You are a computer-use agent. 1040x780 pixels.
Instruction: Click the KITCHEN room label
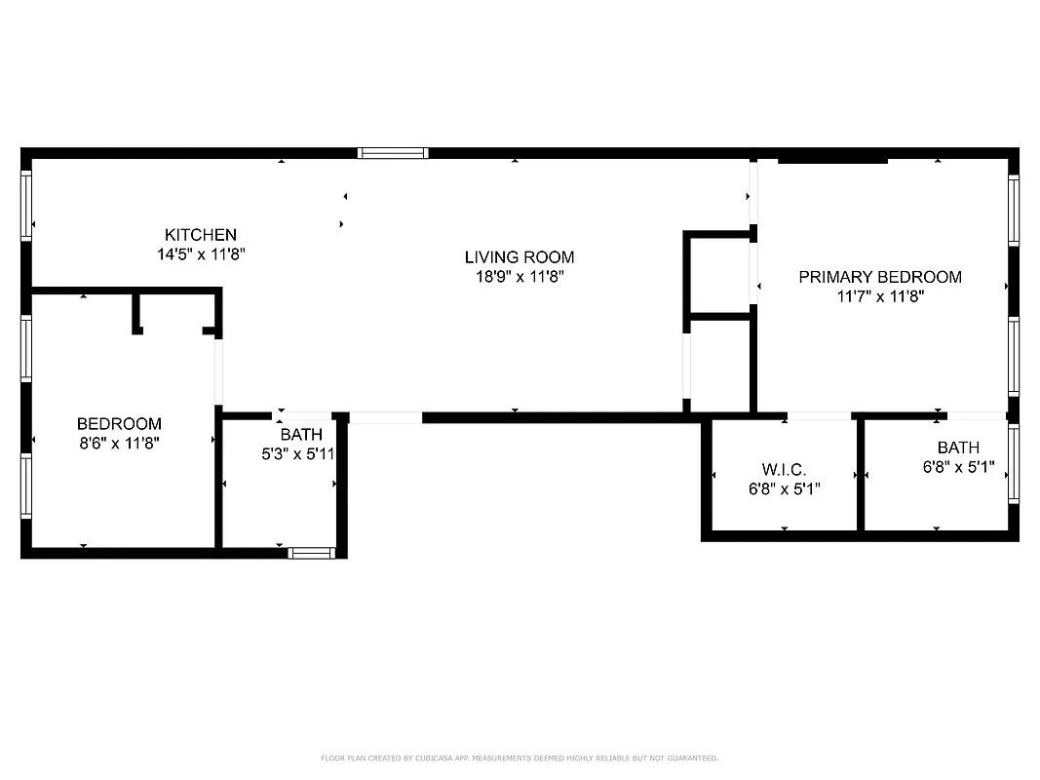coord(200,235)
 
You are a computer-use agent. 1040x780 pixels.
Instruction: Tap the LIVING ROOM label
coord(519,257)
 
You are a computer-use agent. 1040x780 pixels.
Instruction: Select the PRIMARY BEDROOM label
coord(879,277)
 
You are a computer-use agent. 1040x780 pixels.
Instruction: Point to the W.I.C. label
coord(784,470)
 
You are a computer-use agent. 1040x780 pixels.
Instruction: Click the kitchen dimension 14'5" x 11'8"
coord(200,253)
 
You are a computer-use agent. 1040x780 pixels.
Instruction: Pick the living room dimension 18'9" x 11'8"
coord(519,277)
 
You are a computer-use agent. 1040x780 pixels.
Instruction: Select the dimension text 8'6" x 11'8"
coord(119,443)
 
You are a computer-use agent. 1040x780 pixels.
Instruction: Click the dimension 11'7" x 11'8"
coord(879,296)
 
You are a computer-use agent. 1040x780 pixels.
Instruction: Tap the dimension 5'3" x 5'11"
coord(299,453)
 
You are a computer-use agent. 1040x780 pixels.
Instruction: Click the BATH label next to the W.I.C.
coord(958,448)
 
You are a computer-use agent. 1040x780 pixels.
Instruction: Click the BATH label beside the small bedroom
coord(300,435)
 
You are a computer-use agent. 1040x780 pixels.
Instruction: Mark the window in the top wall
coord(393,153)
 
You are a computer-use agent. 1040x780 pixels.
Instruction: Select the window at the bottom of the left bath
coord(312,553)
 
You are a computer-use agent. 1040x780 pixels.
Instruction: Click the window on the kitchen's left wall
coord(26,206)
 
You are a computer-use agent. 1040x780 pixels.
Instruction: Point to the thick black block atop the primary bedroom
coord(832,159)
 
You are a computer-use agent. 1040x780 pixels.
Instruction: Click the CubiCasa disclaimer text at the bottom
coord(520,758)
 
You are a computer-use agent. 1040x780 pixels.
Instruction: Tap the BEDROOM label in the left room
coord(119,424)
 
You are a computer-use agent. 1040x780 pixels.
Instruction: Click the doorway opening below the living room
coord(385,417)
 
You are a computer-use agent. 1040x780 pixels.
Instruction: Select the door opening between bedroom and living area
coord(218,371)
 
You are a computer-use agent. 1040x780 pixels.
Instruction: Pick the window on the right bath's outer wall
coord(1013,464)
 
